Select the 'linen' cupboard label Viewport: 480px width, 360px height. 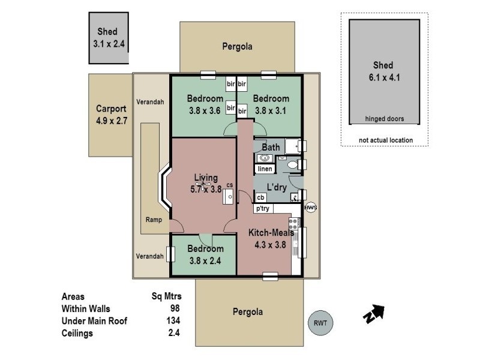(265, 169)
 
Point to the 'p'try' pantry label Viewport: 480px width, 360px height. (263, 208)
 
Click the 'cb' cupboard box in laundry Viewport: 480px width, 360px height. (261, 197)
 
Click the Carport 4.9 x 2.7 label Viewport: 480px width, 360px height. (111, 114)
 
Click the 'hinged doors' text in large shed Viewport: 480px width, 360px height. (384, 119)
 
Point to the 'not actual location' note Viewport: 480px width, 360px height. (385, 140)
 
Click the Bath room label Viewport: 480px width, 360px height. (271, 147)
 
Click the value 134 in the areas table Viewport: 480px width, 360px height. (173, 320)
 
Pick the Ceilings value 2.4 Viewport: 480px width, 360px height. (175, 333)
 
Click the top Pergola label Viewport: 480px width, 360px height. (236, 46)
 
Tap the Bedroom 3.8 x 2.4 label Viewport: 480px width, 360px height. (205, 254)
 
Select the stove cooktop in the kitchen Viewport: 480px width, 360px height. (294, 225)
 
